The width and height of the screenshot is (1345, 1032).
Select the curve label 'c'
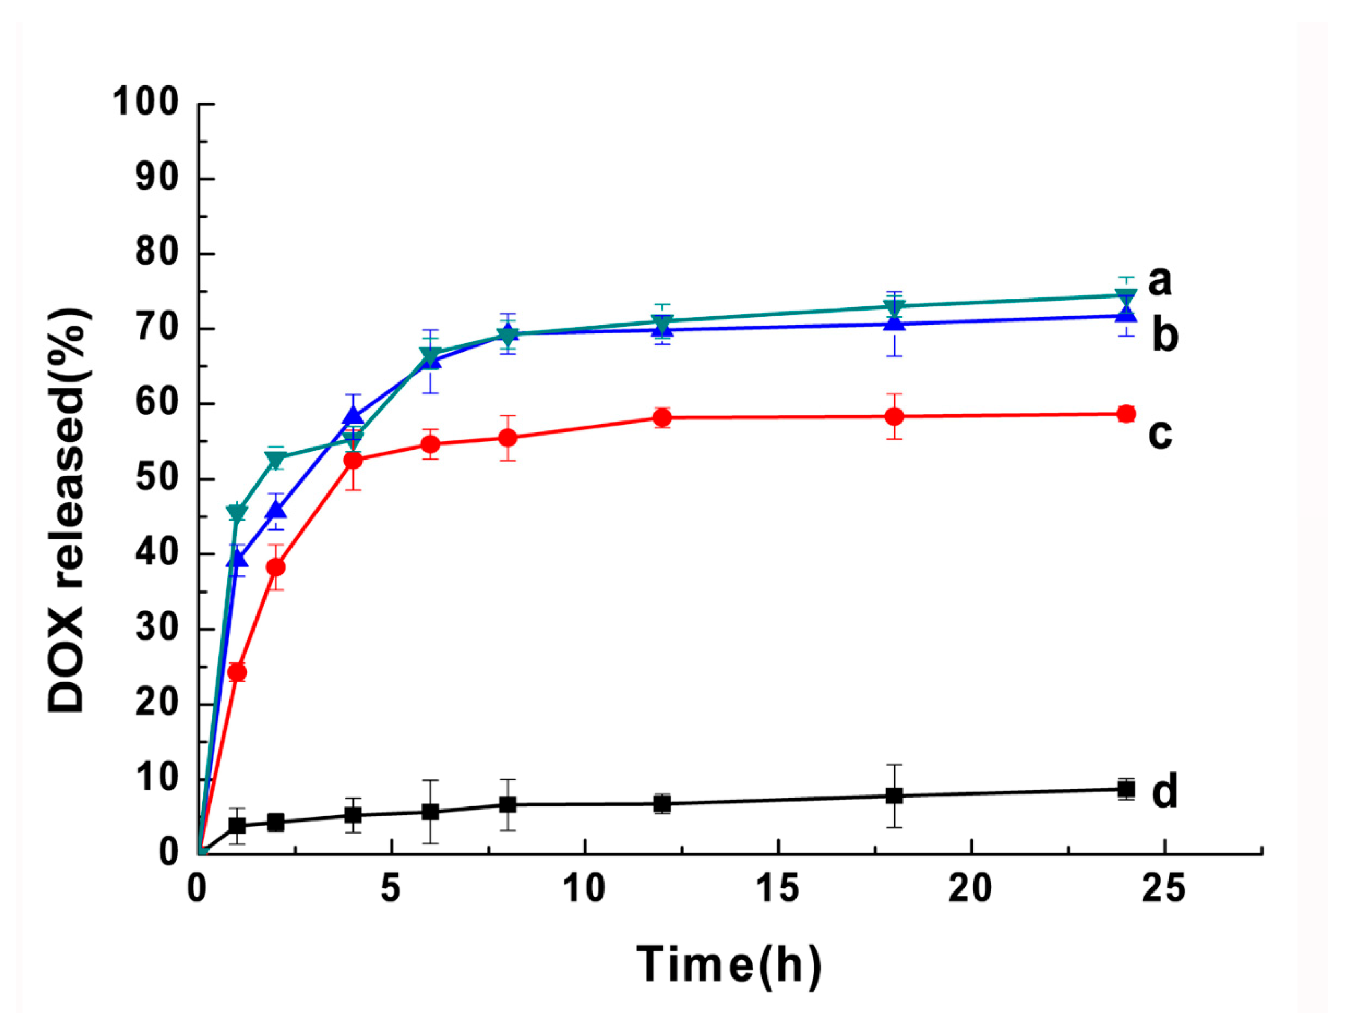pos(1160,434)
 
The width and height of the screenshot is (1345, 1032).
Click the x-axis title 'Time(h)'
pos(728,964)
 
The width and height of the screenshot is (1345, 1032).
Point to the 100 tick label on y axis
pos(146,103)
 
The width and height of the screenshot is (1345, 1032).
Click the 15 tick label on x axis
pos(778,888)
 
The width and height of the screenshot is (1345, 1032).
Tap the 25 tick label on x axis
pos(1163,888)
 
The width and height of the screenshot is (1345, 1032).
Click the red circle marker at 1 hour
pos(237,672)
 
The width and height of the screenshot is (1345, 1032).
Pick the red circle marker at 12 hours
pos(662,418)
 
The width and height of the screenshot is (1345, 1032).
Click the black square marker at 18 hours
pos(895,796)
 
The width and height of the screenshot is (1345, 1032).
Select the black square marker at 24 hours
pos(1126,789)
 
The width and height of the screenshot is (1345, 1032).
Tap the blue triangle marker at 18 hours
pos(895,323)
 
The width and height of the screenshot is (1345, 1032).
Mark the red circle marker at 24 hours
pos(1126,414)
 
